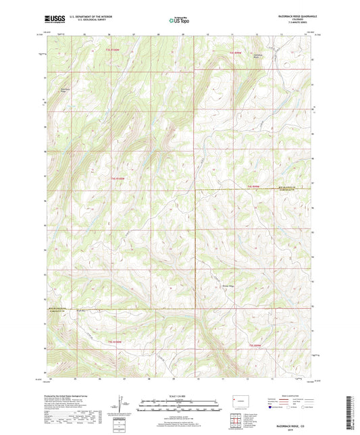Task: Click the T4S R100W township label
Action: pyautogui.click(x=116, y=179)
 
